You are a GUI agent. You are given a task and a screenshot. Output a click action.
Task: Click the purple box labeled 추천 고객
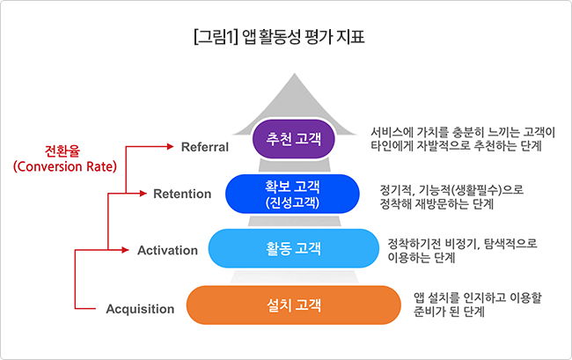pos(294,139)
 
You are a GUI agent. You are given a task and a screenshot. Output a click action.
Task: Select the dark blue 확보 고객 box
pos(292,194)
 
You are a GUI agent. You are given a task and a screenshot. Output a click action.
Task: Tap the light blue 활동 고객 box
pos(294,248)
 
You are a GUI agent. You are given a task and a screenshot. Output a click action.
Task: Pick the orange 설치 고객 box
pos(294,305)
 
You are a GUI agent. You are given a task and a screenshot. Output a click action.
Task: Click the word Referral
pos(205,147)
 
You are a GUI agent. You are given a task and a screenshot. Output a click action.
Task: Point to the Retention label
pos(182,194)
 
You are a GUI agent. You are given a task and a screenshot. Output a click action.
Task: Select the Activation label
pos(168,250)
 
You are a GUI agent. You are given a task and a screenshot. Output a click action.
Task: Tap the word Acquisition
pos(140,309)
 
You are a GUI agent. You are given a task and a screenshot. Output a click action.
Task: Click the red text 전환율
pos(62,151)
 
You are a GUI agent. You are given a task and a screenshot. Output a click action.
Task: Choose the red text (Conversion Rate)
pos(65,166)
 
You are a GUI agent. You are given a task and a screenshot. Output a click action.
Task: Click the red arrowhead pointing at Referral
pos(170,147)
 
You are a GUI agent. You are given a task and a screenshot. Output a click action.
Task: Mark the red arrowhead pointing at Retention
pos(143,194)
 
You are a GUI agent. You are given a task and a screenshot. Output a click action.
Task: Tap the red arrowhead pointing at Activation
pos(125,250)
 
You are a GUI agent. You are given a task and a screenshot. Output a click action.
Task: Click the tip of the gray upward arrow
pos(295,73)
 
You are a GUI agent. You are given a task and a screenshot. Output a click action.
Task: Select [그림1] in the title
pos(216,38)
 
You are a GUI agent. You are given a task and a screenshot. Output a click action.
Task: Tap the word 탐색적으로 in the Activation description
pos(510,243)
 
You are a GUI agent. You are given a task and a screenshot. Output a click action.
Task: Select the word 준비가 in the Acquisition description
pos(427,312)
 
